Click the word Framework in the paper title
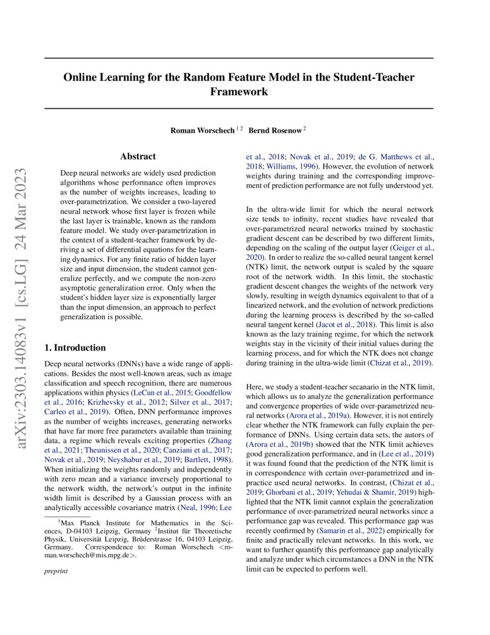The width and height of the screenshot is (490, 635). [x=239, y=91]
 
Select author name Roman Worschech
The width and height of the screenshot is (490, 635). [x=202, y=130]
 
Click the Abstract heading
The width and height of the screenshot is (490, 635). [x=138, y=156]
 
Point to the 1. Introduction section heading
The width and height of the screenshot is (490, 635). [x=75, y=348]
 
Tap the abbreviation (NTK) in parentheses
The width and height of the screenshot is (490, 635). [x=258, y=267]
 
